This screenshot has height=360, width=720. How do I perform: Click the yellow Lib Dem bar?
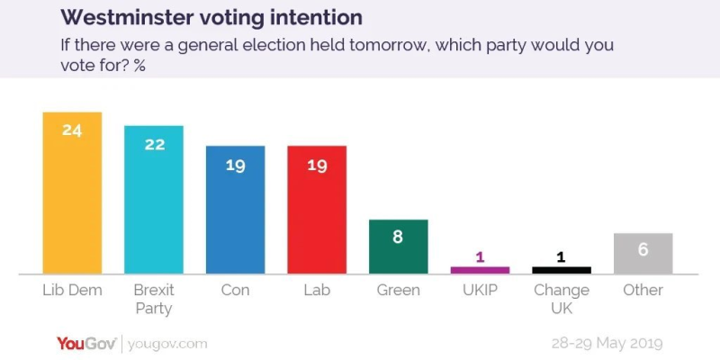click(72, 193)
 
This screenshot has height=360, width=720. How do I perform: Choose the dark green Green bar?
click(398, 247)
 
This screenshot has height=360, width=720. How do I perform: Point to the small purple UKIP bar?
click(480, 269)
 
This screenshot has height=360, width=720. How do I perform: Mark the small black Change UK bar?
click(562, 269)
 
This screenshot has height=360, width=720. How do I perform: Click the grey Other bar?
click(643, 253)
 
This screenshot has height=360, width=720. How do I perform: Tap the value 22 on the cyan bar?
click(154, 143)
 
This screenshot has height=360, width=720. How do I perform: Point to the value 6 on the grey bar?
click(643, 249)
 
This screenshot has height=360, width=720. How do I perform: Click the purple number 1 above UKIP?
click(480, 256)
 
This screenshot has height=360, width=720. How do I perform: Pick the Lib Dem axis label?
click(72, 291)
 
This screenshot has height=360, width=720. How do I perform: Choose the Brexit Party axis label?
click(154, 299)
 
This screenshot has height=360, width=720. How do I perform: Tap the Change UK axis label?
click(562, 299)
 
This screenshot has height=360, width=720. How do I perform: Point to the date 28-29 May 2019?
click(606, 344)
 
